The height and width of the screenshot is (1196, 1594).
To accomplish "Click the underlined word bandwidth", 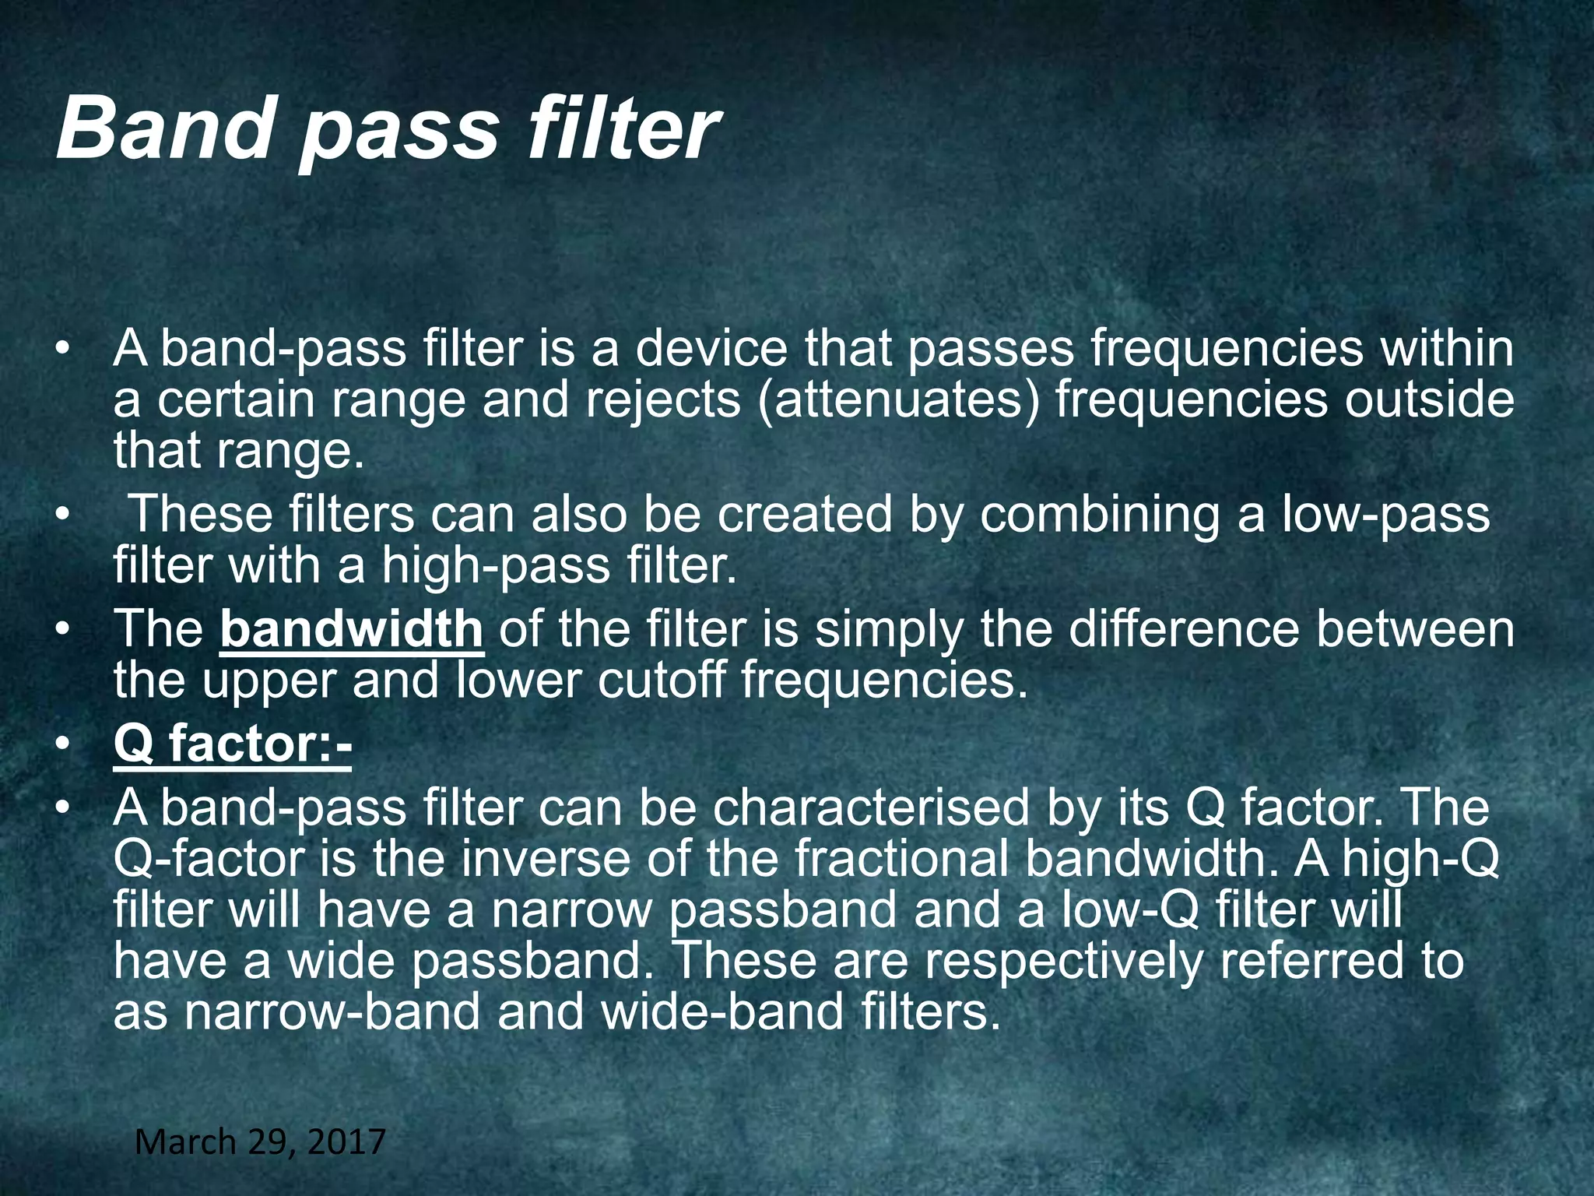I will tap(352, 628).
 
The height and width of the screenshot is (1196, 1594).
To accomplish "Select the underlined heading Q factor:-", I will tap(232, 744).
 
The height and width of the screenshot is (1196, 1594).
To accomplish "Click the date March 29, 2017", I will tap(260, 1142).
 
